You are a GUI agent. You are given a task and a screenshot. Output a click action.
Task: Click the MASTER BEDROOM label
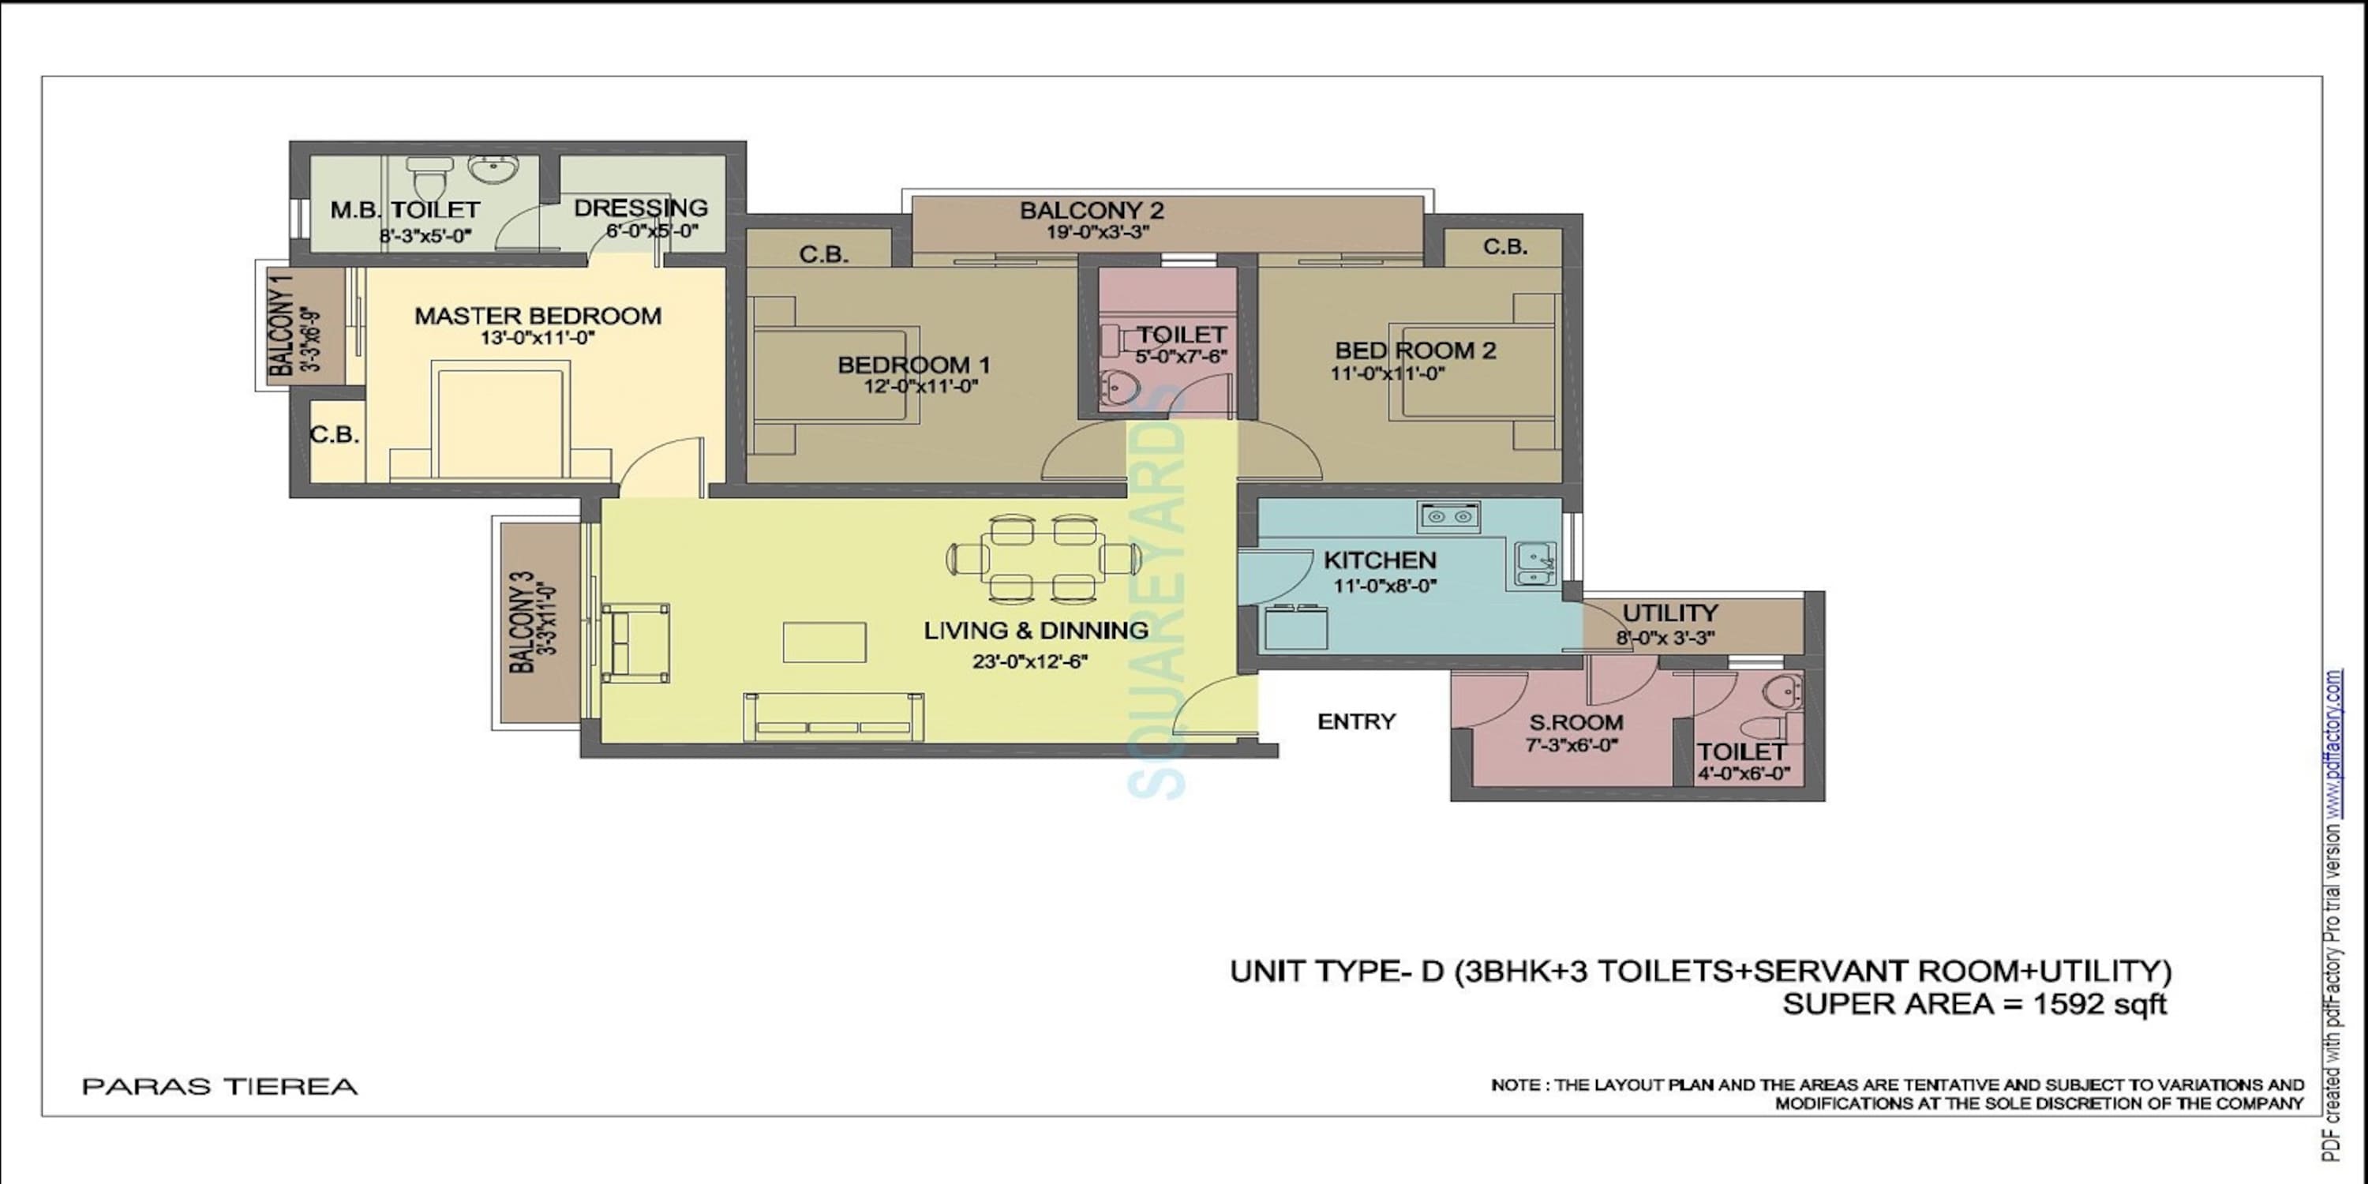point(538,317)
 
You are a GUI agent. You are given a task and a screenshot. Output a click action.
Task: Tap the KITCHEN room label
point(1379,560)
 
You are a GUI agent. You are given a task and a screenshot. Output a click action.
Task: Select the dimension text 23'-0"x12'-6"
point(1031,661)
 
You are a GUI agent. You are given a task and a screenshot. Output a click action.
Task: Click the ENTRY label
point(1356,721)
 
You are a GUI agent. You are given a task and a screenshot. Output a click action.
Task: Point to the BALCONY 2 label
point(1091,211)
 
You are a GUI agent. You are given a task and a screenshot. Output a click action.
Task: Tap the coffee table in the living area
point(823,642)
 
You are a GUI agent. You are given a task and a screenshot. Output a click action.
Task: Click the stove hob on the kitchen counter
point(1448,517)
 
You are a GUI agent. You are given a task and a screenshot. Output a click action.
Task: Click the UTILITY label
point(1669,613)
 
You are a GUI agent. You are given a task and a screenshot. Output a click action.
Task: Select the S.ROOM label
point(1576,722)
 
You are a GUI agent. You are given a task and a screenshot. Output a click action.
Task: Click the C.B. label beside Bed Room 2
point(1504,247)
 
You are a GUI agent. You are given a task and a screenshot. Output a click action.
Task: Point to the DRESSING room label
point(641,208)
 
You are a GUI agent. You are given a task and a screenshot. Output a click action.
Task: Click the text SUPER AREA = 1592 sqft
point(1973,1004)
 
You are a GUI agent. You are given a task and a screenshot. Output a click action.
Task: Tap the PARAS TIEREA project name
point(219,1087)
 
